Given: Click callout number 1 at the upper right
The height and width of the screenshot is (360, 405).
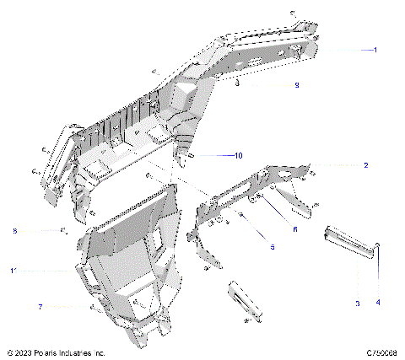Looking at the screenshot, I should click(375, 51).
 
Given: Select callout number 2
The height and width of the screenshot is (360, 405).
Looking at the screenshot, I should click(365, 165).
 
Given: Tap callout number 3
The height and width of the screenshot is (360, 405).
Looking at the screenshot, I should click(357, 302).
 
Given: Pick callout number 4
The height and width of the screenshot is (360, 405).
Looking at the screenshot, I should click(378, 302).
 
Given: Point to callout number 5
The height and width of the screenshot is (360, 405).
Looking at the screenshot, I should click(272, 246).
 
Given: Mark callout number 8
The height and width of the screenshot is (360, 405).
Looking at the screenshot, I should click(14, 230).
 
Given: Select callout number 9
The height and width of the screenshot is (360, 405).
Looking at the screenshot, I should click(296, 86).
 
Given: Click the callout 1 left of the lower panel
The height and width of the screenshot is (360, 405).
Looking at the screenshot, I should click(12, 271).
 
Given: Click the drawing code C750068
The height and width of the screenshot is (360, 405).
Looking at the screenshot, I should click(381, 352).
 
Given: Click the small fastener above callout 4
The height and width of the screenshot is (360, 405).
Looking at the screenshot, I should click(378, 245).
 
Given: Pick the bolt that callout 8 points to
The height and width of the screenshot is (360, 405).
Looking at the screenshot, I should click(62, 229).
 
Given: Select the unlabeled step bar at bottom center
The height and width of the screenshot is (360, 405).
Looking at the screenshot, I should click(244, 300).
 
